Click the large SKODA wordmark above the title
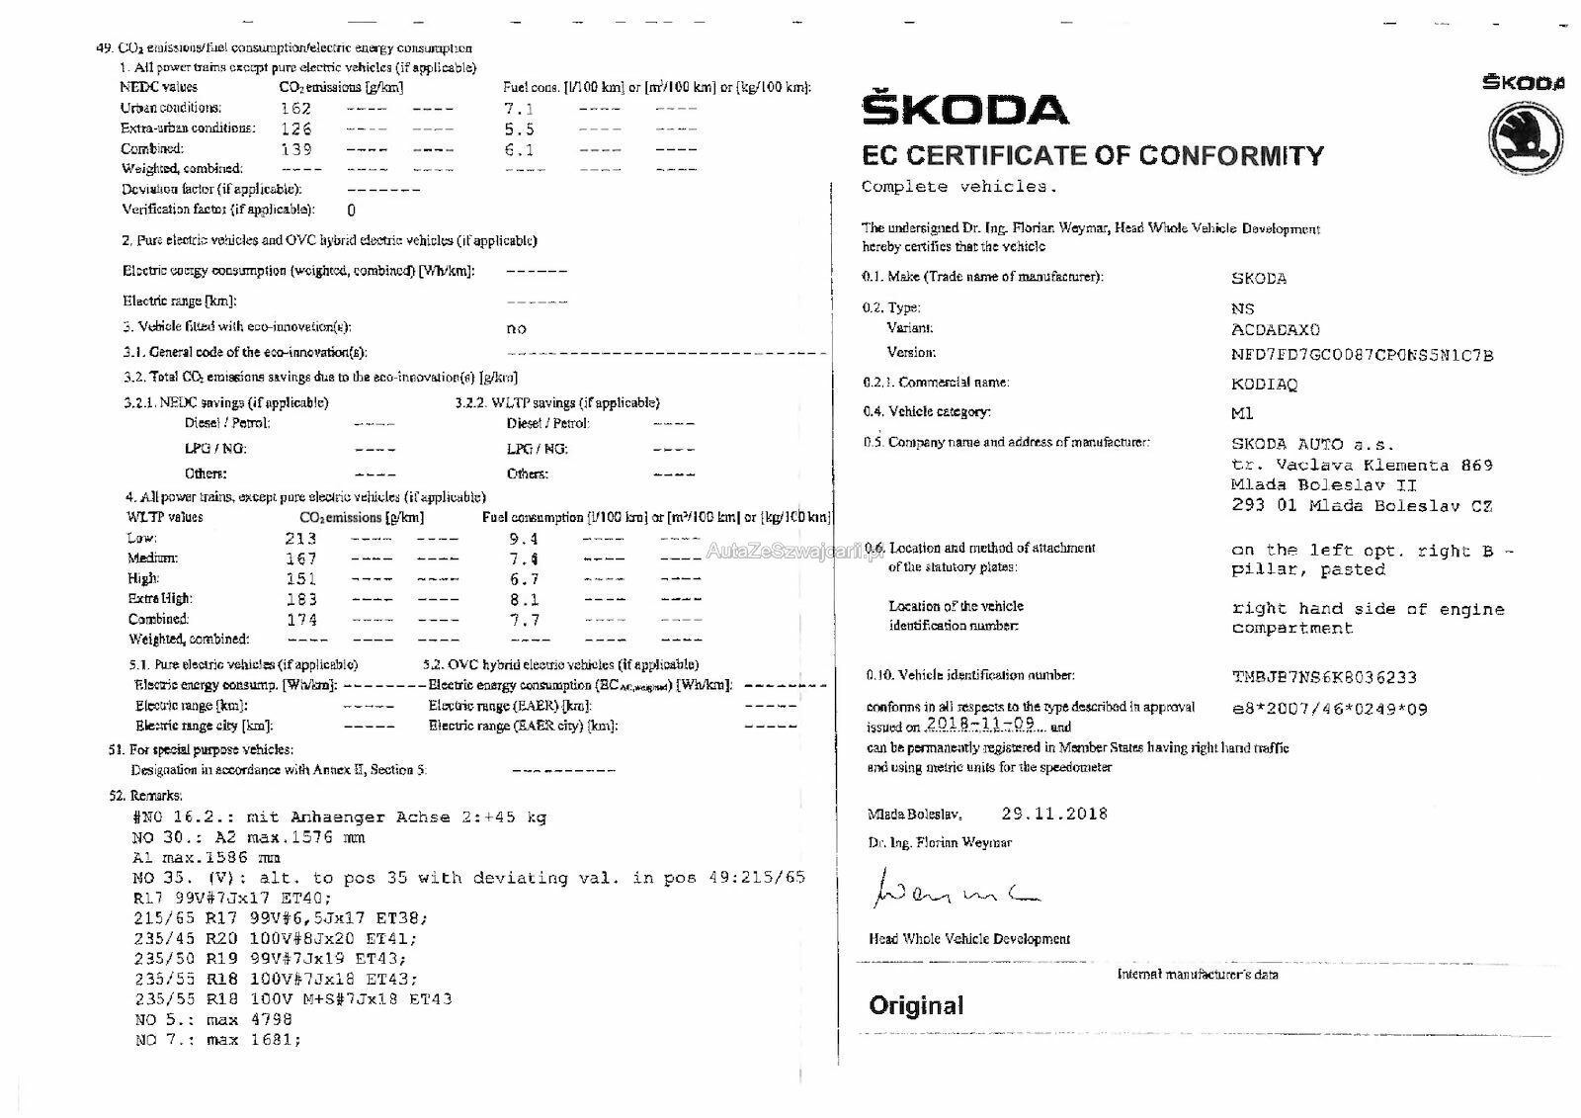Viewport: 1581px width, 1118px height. [x=964, y=109]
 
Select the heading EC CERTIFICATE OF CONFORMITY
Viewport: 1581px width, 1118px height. [x=1092, y=156]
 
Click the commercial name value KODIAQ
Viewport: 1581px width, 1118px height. [x=1264, y=384]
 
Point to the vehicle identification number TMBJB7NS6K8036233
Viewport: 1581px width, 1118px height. [x=1323, y=677]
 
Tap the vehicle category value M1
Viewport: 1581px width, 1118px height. [x=1242, y=413]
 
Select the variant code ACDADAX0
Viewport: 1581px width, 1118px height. [x=1275, y=329]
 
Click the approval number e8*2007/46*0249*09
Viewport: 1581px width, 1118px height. [x=1329, y=709]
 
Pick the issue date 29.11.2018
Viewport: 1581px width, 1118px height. [x=1054, y=814]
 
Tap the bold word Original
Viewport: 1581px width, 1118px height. [x=916, y=1005]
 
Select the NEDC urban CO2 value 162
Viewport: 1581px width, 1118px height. [x=295, y=109]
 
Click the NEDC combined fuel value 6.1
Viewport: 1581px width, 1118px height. [x=519, y=150]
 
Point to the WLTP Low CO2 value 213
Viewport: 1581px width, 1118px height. [x=300, y=539]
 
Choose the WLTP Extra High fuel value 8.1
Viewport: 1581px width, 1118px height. [x=524, y=600]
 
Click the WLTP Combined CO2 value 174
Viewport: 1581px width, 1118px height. [x=300, y=620]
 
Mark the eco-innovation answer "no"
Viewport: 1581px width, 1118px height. [x=516, y=328]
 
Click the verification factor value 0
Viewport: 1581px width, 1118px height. [x=351, y=210]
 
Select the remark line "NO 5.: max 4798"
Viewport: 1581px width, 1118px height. [x=213, y=1019]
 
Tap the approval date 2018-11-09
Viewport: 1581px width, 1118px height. [x=980, y=724]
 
